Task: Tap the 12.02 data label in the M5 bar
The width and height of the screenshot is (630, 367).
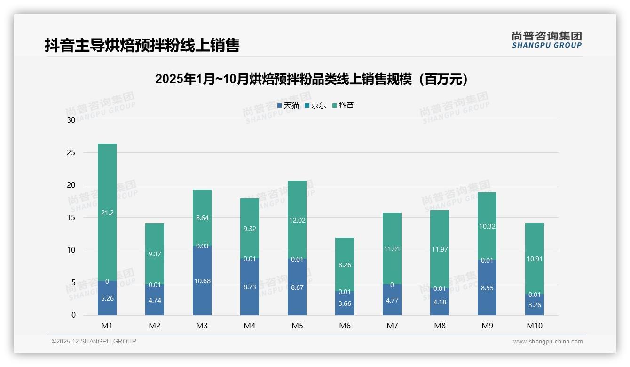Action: pyautogui.click(x=297, y=220)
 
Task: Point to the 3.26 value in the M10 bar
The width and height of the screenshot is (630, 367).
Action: pyautogui.click(x=535, y=305)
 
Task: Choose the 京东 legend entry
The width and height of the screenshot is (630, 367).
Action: pyautogui.click(x=315, y=105)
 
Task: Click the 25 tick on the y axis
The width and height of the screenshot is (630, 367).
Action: pyautogui.click(x=71, y=153)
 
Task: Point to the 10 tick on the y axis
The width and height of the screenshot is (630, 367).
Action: pyautogui.click(x=71, y=250)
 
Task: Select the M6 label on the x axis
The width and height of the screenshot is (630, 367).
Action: pyautogui.click(x=345, y=326)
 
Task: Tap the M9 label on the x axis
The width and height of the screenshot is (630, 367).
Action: pyautogui.click(x=487, y=326)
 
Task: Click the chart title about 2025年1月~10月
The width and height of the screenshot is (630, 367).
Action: pyautogui.click(x=312, y=80)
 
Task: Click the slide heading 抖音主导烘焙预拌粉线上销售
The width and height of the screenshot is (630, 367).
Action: pyautogui.click(x=142, y=46)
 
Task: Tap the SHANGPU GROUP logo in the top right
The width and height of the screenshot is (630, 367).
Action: pyautogui.click(x=546, y=40)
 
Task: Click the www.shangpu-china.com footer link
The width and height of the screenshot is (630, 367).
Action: pyautogui.click(x=548, y=342)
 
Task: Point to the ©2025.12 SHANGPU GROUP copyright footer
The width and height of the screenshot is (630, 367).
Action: pyautogui.click(x=94, y=342)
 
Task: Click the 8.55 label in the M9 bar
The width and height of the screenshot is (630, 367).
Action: pyautogui.click(x=487, y=288)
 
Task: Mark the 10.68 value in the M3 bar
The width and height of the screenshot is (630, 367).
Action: pyautogui.click(x=202, y=281)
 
